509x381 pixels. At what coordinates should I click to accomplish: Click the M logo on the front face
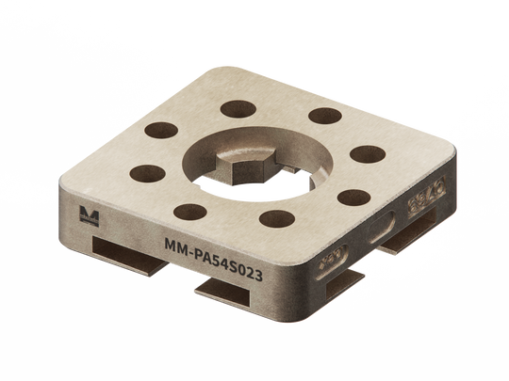[89, 215]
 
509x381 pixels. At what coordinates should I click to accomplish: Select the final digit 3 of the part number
[258, 275]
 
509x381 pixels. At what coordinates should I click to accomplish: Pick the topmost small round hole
[238, 109]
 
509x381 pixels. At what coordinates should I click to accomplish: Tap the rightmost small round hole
[368, 154]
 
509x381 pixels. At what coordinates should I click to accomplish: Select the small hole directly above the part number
[277, 218]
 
